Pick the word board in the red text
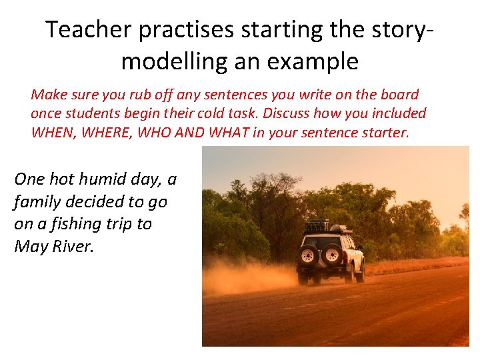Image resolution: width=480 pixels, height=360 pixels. [x=400, y=95]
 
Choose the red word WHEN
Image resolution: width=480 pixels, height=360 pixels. [x=54, y=133]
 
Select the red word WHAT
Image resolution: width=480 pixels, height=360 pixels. [x=228, y=133]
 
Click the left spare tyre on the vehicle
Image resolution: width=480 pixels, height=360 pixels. [x=309, y=255]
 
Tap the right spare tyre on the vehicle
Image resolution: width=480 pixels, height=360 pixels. [x=333, y=255]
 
